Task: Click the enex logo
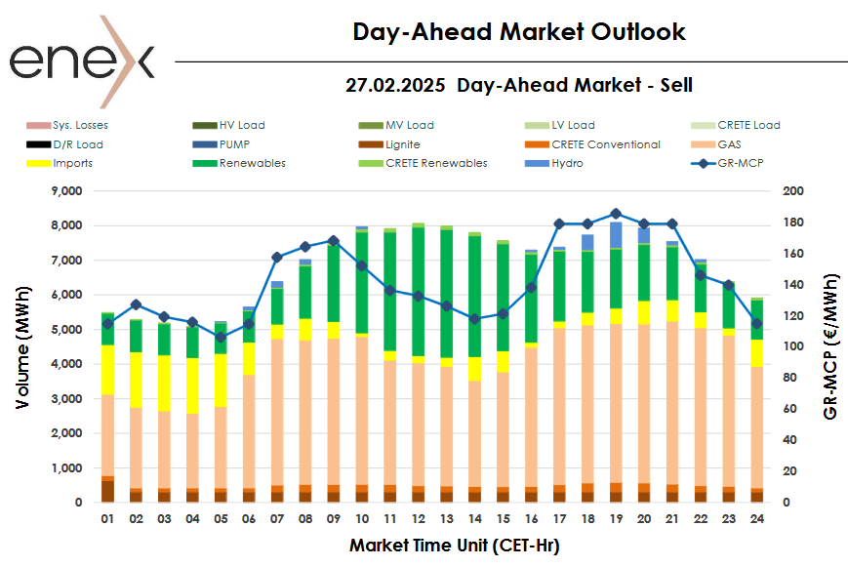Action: click(82, 57)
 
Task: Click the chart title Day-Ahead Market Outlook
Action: click(519, 32)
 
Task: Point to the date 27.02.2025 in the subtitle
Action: click(395, 86)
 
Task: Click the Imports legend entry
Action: click(73, 163)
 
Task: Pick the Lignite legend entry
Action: click(402, 144)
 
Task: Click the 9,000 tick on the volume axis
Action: click(68, 191)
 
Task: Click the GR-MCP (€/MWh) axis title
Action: click(830, 346)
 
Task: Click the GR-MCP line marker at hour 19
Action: click(616, 214)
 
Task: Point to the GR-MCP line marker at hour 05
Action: click(221, 338)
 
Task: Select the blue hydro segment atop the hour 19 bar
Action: click(616, 235)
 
